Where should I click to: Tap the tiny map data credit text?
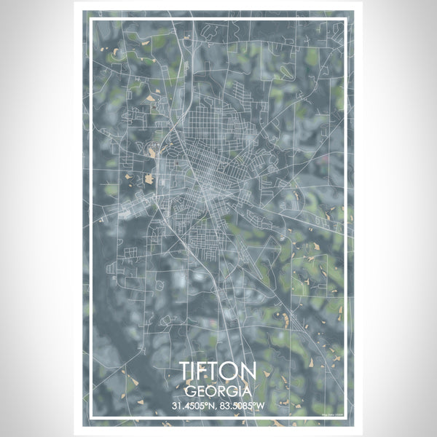pyautogui.click(x=331, y=415)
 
